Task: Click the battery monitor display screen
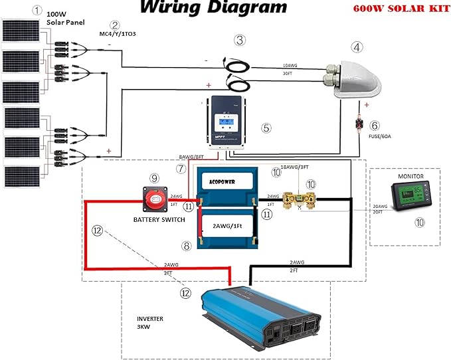pyautogui.click(x=413, y=197)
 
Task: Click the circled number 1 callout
pyautogui.click(x=37, y=11)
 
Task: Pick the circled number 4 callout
pyautogui.click(x=358, y=47)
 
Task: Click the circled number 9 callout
pyautogui.click(x=154, y=178)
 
